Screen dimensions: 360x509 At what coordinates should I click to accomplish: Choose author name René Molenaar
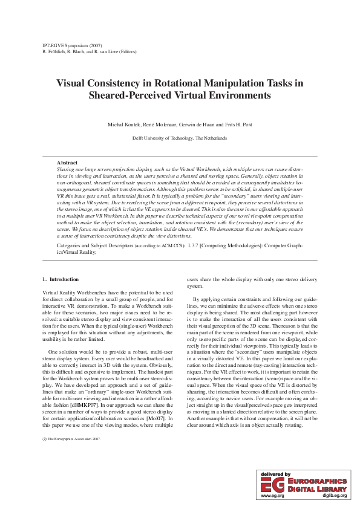tap(159, 125)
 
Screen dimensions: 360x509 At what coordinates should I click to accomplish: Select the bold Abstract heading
tap(67, 163)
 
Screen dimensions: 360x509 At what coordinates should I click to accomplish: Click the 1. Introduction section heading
tap(61, 279)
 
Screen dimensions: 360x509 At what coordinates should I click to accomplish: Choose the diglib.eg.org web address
tap(335, 495)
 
